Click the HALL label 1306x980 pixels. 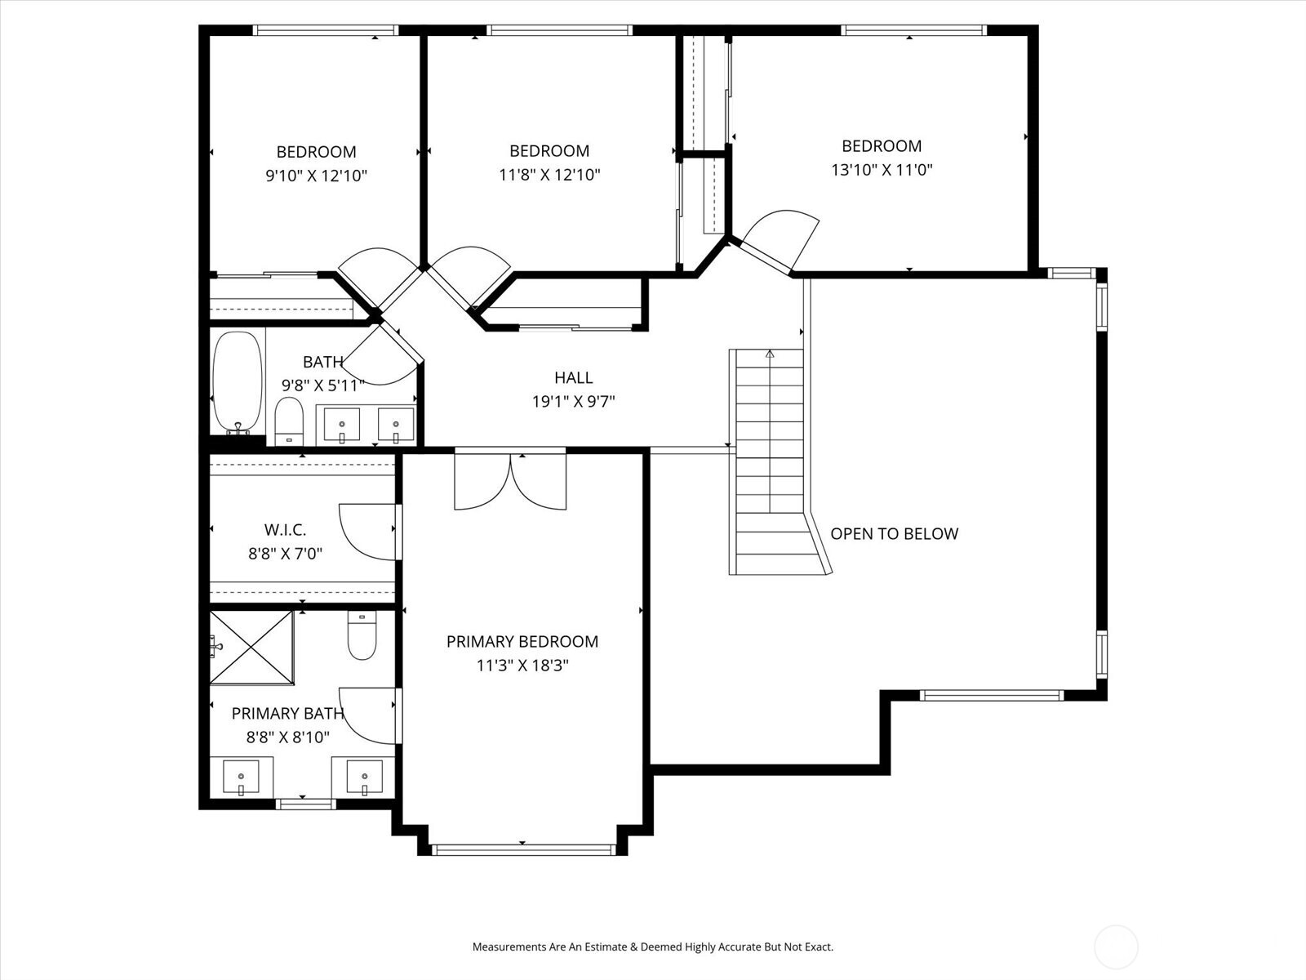click(573, 377)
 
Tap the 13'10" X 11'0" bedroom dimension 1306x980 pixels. click(882, 170)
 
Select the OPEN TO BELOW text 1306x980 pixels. click(894, 533)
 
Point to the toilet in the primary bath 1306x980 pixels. click(362, 636)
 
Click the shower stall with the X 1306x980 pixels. click(251, 647)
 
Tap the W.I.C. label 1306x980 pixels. click(285, 530)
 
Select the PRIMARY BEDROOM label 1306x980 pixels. click(522, 642)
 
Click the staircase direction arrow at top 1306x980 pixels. click(770, 354)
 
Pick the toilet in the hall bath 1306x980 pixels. click(288, 420)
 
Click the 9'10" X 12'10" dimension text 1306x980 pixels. click(316, 175)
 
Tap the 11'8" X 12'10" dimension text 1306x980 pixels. click(549, 174)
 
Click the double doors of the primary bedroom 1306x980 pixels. click(510, 482)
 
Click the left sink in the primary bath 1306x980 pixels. click(241, 777)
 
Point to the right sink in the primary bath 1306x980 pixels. click(364, 777)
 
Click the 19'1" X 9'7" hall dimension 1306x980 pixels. click(573, 401)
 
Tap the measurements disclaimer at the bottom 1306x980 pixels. click(652, 947)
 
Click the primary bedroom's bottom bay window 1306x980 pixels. click(522, 850)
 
